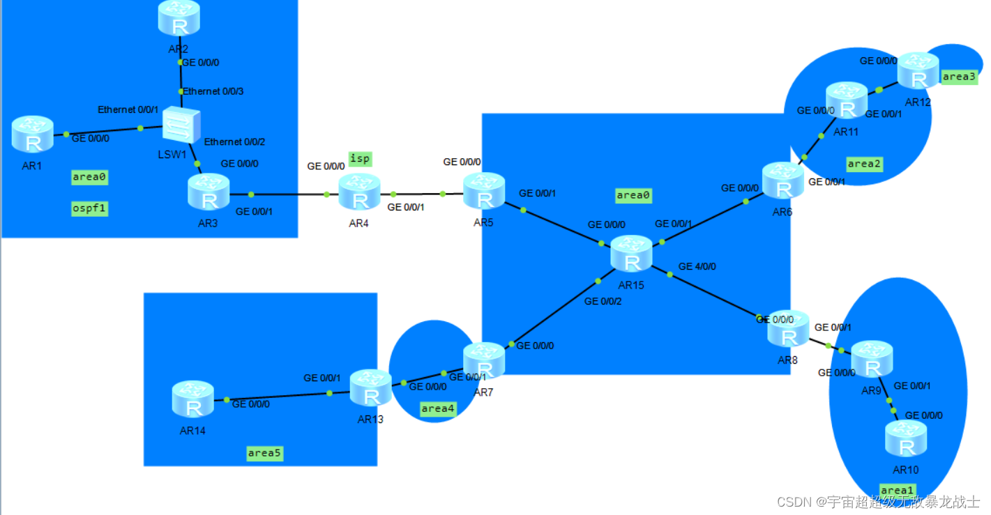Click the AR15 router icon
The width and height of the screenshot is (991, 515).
[632, 254]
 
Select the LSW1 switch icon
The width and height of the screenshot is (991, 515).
[181, 127]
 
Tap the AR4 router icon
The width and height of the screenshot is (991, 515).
[360, 192]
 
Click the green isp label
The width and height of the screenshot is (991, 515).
[360, 159]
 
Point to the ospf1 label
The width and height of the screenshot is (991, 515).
[90, 208]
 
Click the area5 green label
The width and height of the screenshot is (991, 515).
[265, 453]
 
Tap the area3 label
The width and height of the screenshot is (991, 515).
[960, 77]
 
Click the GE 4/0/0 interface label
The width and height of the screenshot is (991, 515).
[697, 266]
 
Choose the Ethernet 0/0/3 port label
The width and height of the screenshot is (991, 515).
[213, 91]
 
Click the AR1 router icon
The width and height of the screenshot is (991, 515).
[32, 134]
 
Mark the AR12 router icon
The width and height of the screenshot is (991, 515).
[918, 70]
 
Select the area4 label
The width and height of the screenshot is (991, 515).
[438, 408]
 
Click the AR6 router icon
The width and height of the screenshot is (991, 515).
[783, 180]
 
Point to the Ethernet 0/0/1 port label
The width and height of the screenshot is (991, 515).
[128, 109]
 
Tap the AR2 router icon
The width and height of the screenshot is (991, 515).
[179, 18]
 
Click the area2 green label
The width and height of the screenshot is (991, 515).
[864, 164]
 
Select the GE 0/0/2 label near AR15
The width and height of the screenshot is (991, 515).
[603, 302]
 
